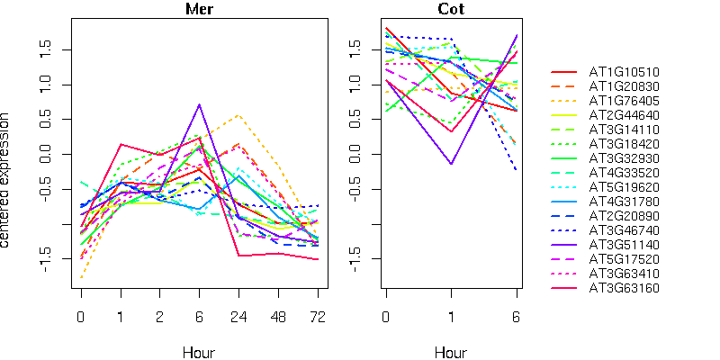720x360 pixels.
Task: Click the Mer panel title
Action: coord(199,10)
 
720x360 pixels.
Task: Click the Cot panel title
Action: coord(451,10)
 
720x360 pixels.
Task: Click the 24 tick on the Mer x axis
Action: coord(238,318)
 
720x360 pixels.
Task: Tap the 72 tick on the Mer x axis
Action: coord(318,318)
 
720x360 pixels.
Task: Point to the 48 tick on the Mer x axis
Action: coord(278,318)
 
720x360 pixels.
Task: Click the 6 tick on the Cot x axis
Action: coord(517,318)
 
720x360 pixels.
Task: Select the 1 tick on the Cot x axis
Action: coord(452,318)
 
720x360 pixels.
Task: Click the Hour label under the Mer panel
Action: coord(199,352)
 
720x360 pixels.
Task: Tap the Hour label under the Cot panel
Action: coord(451,352)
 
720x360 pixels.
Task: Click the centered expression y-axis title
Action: coord(8,180)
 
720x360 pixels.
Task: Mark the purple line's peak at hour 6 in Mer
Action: coord(199,104)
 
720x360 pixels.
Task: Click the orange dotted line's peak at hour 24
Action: coord(238,115)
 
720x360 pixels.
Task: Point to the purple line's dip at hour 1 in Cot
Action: coord(452,164)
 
